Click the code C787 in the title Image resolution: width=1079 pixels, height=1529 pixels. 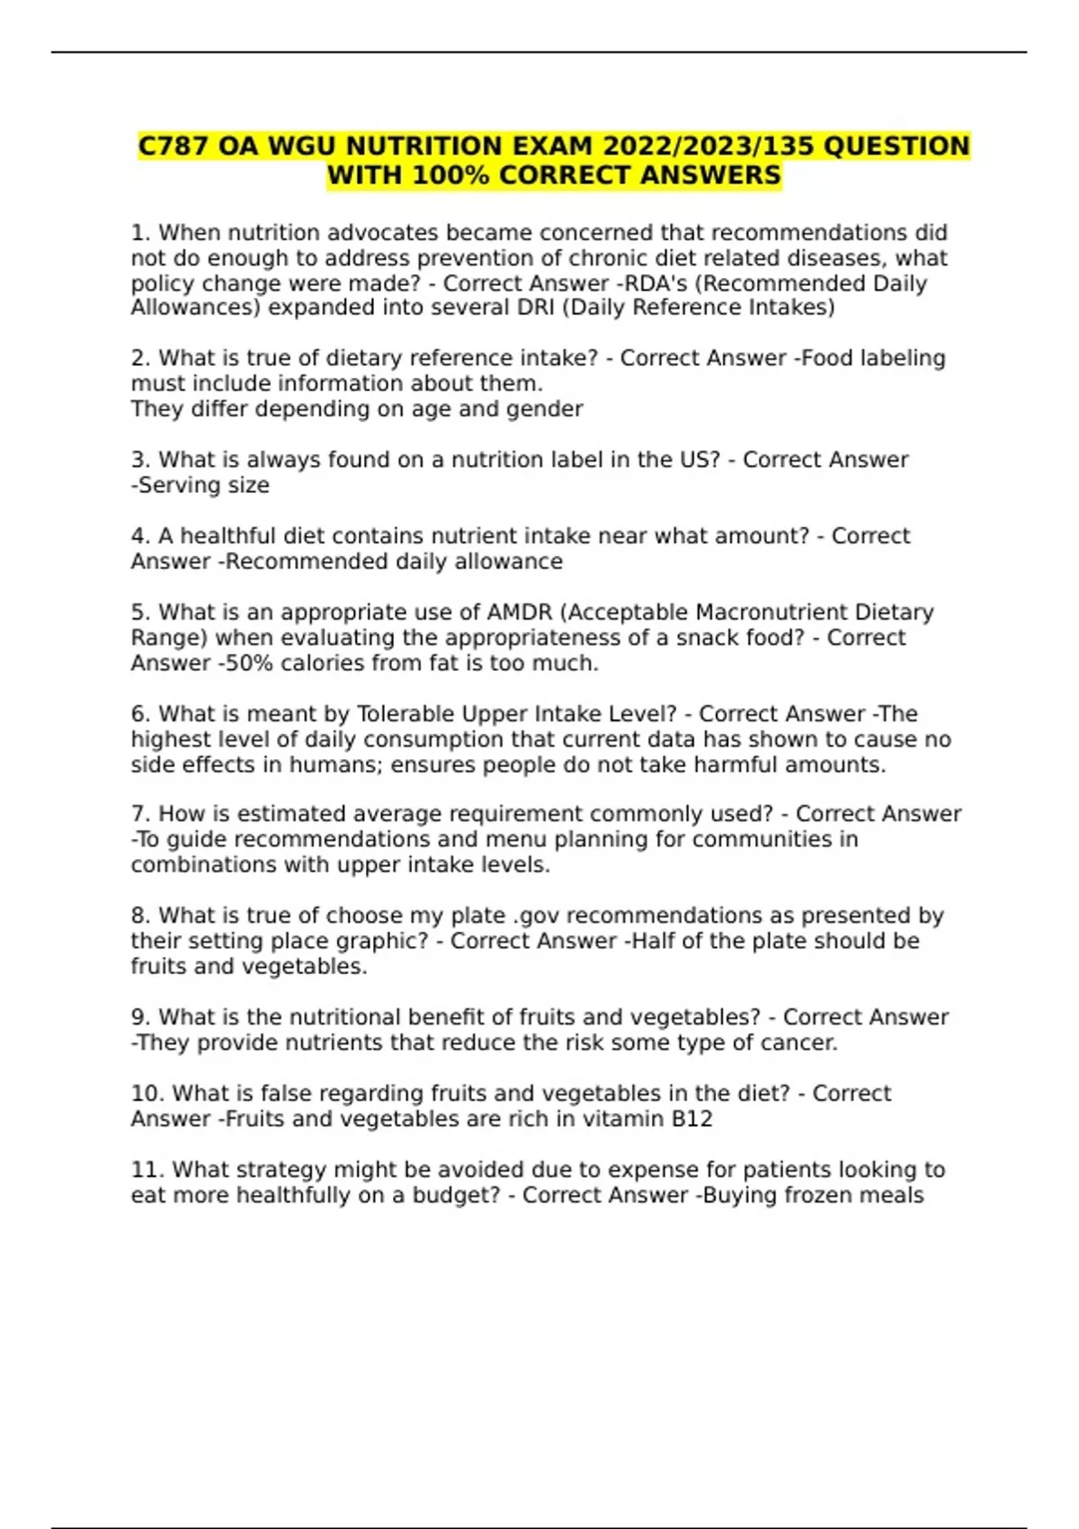tap(174, 147)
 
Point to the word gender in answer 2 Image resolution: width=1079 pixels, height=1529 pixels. tap(549, 409)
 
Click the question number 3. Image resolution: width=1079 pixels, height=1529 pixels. tap(139, 460)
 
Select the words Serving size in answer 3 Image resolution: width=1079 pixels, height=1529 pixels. tap(203, 486)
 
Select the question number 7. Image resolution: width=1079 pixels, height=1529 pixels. tap(139, 814)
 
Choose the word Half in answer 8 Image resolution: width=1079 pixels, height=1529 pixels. tap(655, 941)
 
